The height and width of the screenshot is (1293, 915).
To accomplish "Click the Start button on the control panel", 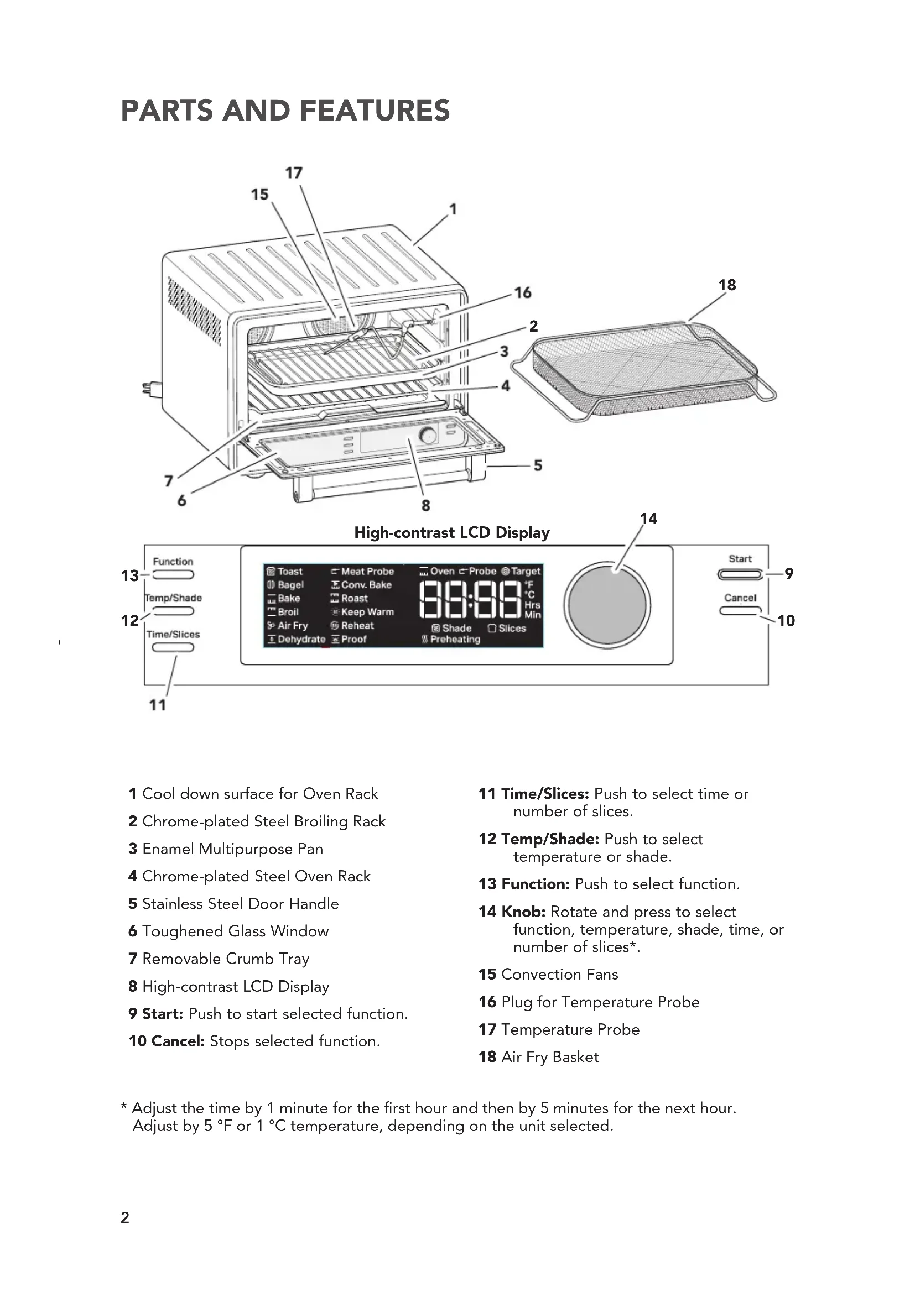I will click(740, 574).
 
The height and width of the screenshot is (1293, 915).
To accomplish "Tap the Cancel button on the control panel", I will click(740, 610).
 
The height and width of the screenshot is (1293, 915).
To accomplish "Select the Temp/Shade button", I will click(173, 611).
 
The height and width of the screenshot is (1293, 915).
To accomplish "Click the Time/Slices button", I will click(173, 647).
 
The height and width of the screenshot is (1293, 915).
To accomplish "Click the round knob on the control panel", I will click(607, 605).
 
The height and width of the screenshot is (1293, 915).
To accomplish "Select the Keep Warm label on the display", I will click(367, 612).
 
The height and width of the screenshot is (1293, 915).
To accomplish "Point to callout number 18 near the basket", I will click(727, 285).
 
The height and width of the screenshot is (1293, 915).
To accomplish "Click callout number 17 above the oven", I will click(294, 173).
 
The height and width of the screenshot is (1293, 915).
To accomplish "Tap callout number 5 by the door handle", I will click(538, 465).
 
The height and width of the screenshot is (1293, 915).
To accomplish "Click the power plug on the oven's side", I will click(150, 388).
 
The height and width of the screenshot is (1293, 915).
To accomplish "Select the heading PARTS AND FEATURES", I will click(285, 111).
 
